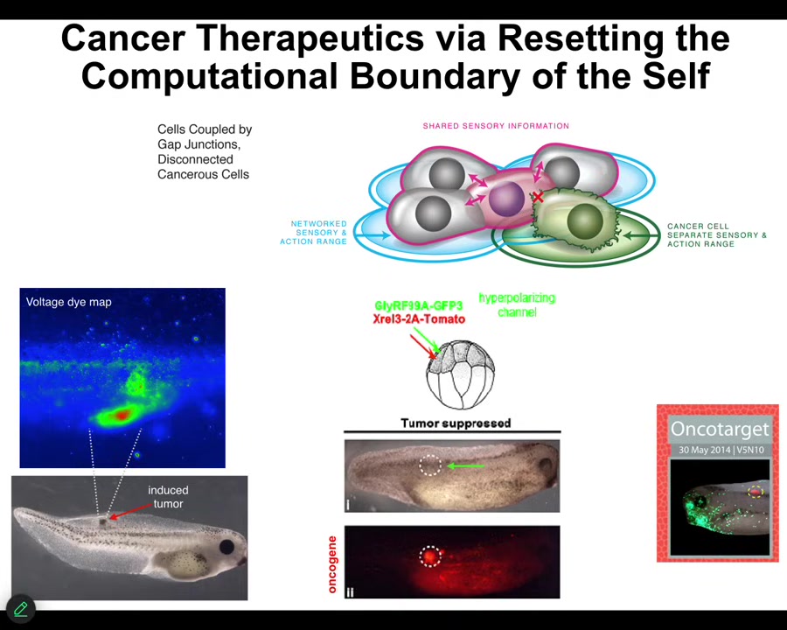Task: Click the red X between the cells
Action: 538,197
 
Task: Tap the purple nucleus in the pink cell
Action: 507,199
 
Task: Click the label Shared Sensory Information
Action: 496,126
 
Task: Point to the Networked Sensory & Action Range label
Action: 314,233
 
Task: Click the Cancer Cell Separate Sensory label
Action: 717,235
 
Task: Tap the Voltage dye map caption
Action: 69,302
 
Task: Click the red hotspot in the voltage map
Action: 122,415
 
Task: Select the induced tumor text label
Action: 168,497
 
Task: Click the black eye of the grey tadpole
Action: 227,547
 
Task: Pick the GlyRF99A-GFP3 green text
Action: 419,306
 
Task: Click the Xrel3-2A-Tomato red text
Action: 419,319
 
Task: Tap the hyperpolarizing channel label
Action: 517,305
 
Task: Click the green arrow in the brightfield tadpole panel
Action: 466,466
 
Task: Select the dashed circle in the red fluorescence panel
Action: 430,556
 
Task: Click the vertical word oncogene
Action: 331,564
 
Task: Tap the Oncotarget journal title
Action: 720,429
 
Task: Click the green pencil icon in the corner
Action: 21,609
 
